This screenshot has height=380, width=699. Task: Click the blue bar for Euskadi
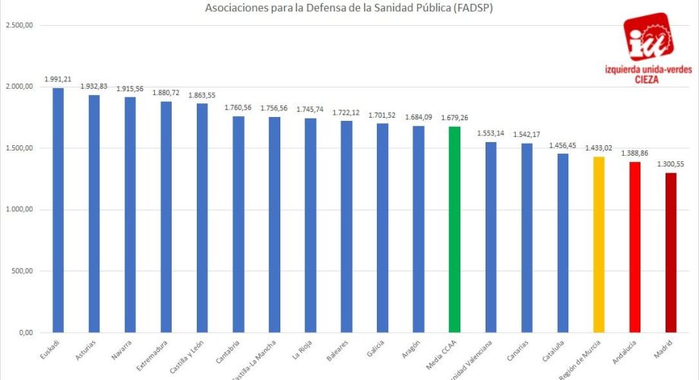click(x=58, y=211)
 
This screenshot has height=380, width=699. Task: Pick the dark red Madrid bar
click(x=671, y=252)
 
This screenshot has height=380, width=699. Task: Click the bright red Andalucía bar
click(x=634, y=247)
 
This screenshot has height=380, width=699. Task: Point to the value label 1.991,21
click(x=58, y=79)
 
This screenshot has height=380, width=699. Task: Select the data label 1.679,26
click(x=454, y=118)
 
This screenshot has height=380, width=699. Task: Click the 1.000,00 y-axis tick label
click(x=19, y=210)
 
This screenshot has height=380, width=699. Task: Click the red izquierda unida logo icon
click(x=647, y=36)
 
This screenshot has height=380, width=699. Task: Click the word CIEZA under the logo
click(x=648, y=78)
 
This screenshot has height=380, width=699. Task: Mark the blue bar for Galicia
click(x=382, y=228)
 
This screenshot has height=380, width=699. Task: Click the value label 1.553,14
click(x=490, y=133)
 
